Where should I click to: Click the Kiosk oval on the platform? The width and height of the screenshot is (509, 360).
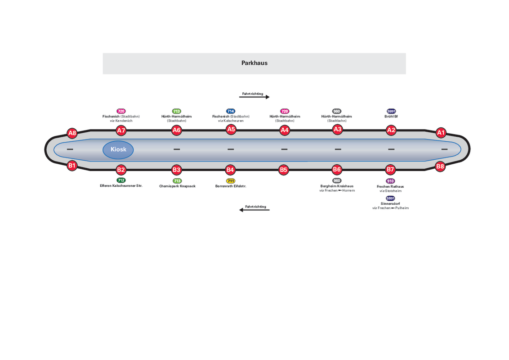tap(118, 150)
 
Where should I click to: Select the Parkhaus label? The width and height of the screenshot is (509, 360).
tap(254, 63)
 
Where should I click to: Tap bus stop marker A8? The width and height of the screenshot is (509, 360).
tap(72, 133)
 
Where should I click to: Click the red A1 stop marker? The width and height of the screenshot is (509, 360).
tap(441, 133)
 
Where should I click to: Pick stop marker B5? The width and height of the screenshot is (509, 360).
tap(283, 170)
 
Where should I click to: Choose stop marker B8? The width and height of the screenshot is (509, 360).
tap(440, 166)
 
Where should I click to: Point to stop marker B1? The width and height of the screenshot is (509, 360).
tap(72, 166)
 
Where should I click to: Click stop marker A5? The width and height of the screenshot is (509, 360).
tap(231, 130)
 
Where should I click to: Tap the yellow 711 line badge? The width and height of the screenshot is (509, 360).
tap(231, 181)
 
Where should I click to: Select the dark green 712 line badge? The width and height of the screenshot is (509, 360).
tap(121, 180)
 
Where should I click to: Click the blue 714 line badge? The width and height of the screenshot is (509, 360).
tap(231, 111)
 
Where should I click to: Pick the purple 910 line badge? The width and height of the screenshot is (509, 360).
tap(390, 181)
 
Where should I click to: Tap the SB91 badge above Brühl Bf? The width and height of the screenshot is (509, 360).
tap(391, 111)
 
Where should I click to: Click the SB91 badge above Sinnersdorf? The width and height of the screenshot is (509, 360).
tap(390, 198)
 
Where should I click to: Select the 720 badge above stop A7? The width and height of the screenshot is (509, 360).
tap(121, 111)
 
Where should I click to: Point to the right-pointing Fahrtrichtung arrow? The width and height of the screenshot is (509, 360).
tap(254, 97)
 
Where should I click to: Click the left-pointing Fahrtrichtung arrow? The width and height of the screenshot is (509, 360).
tap(254, 210)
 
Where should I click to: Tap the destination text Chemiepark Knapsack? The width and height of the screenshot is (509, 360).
tap(177, 186)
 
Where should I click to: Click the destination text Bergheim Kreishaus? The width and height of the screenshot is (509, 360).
tap(337, 186)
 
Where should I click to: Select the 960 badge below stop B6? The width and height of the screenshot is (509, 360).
tap(337, 180)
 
